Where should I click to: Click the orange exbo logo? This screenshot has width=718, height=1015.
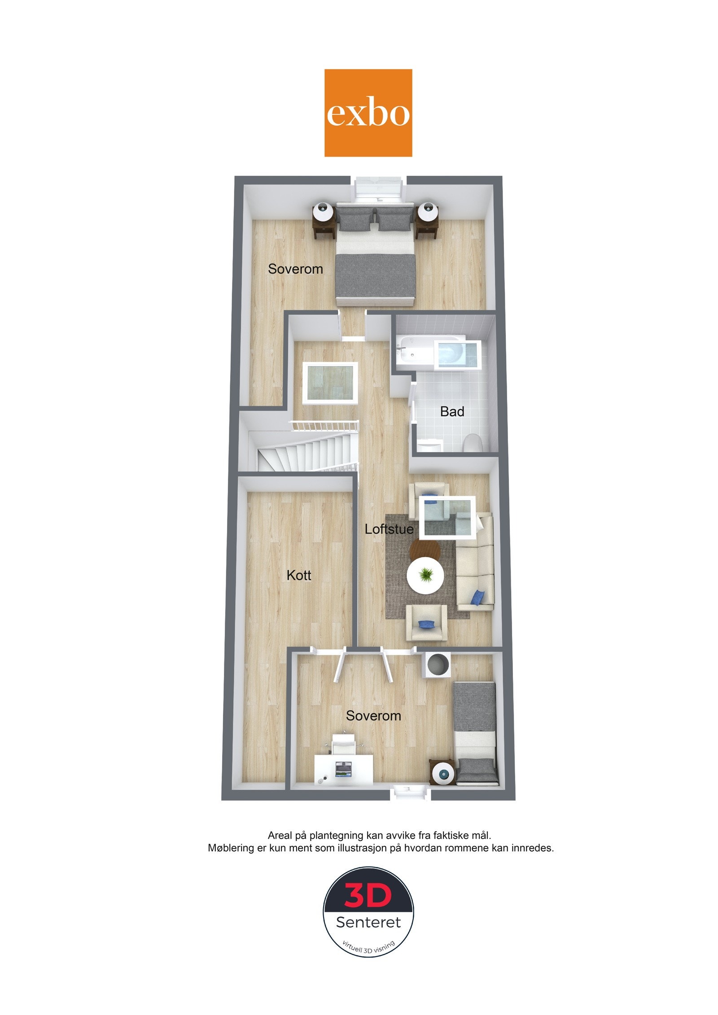(368, 113)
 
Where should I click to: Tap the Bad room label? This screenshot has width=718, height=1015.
(452, 411)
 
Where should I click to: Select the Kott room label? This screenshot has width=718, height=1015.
(299, 575)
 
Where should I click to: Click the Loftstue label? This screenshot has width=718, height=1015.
(389, 529)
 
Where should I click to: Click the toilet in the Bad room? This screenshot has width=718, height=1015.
(472, 443)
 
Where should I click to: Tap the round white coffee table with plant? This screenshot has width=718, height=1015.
(425, 575)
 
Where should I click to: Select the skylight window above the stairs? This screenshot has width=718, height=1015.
(331, 382)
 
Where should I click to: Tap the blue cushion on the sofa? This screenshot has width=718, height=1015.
(478, 597)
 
